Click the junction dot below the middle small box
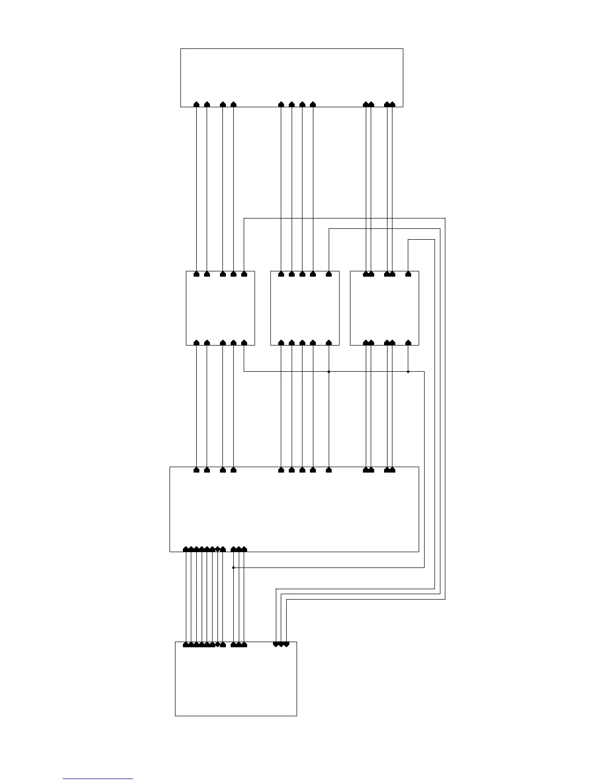click(329, 371)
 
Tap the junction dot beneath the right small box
click(408, 371)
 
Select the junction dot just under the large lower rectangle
click(233, 567)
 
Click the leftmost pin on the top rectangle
click(197, 104)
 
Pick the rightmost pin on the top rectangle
click(392, 104)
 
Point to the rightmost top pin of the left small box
click(244, 274)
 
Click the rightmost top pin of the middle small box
click(329, 274)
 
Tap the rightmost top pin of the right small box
click(408, 274)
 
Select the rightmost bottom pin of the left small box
click(244, 342)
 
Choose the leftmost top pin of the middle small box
click(281, 274)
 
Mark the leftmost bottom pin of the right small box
click(366, 342)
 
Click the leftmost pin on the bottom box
click(186, 645)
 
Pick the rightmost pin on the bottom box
click(287, 644)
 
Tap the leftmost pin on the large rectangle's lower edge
click(186, 549)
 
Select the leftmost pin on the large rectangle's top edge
click(197, 470)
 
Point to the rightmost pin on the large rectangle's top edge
click(392, 470)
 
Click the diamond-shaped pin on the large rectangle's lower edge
click(217, 549)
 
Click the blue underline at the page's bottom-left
click(98, 779)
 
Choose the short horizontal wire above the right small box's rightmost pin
click(421, 239)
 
